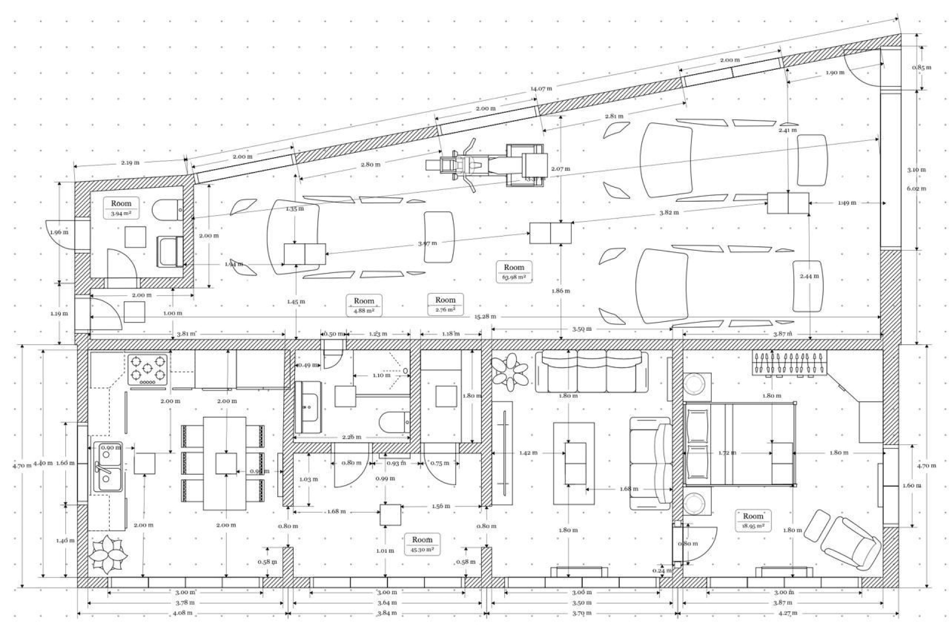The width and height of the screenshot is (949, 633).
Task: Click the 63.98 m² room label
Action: (x=514, y=271)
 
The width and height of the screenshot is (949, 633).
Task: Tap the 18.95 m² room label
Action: (x=753, y=521)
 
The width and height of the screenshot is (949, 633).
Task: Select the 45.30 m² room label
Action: (x=422, y=544)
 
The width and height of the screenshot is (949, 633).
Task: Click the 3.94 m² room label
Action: (x=121, y=208)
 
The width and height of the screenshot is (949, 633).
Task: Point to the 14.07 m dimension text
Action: (x=541, y=89)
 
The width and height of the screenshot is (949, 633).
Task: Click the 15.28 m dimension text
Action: (x=485, y=316)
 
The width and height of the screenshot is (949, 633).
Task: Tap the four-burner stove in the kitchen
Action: (x=147, y=370)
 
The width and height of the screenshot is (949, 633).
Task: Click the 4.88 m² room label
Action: (x=364, y=305)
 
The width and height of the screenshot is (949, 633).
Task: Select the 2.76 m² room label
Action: (x=445, y=304)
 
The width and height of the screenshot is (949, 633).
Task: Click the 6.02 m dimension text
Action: (x=917, y=188)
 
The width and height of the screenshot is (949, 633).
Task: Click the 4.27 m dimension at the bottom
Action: (x=787, y=613)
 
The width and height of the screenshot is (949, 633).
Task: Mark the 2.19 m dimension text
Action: (x=130, y=162)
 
